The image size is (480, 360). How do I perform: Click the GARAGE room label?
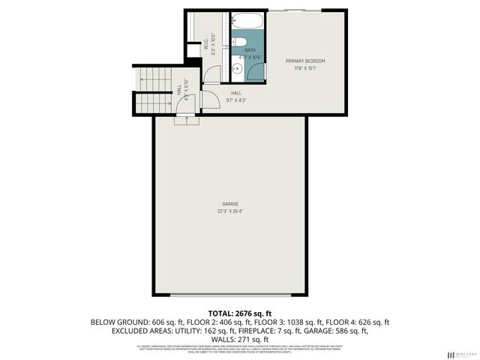pos(229,203)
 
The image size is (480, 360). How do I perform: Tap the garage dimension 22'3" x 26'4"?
pos(229,211)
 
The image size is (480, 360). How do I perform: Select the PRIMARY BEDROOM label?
pos(305,61)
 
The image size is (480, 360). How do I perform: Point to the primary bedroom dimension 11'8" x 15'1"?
pos(305,68)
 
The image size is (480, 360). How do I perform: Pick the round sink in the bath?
pos(236,70)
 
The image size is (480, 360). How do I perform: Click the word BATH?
pos(250,50)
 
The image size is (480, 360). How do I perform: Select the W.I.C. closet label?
pos(206,45)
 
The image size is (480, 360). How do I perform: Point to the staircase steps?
pos(154,88)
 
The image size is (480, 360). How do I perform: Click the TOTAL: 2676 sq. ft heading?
pos(239,313)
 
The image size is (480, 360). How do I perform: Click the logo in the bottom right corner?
pos(460,353)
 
